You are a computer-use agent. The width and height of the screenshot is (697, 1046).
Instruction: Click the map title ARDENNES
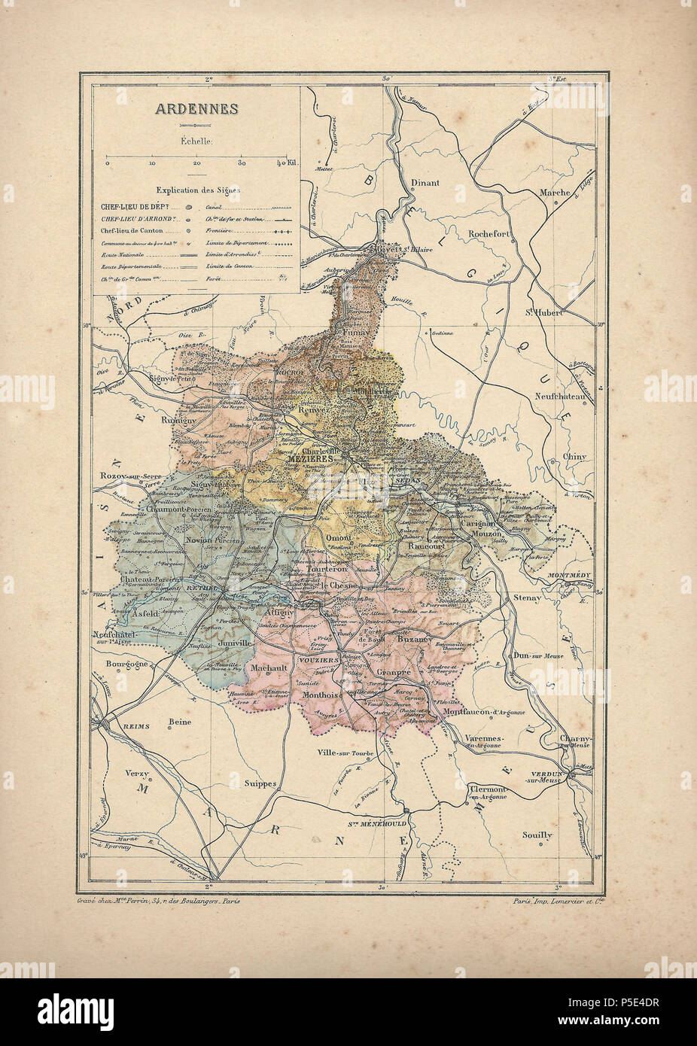point(196,108)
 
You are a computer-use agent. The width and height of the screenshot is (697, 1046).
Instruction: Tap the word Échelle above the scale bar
point(196,140)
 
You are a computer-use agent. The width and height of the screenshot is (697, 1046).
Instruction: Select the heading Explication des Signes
point(196,191)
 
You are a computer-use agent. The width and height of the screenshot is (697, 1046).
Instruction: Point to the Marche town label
point(555,193)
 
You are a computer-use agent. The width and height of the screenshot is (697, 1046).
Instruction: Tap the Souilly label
point(537,835)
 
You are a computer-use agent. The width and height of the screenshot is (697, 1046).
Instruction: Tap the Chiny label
point(574,456)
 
